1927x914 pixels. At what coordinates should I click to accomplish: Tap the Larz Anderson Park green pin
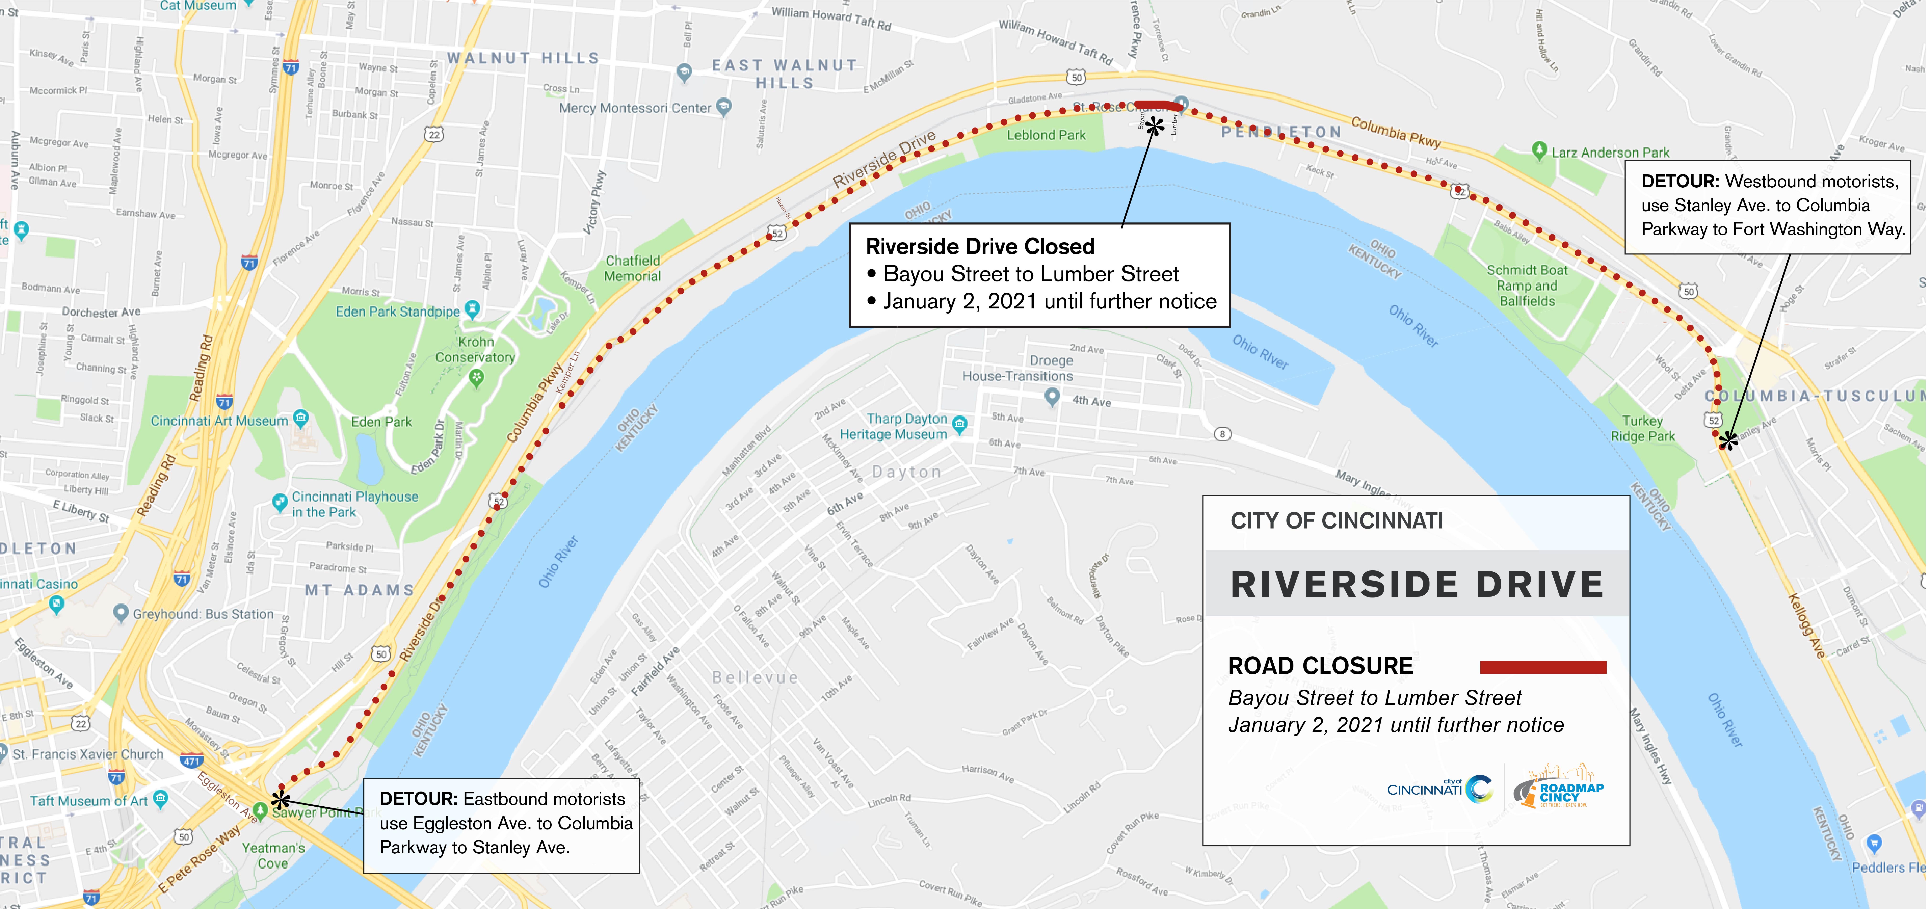1539,150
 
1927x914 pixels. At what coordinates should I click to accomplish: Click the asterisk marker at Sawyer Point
281,800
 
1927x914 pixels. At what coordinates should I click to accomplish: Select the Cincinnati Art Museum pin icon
301,417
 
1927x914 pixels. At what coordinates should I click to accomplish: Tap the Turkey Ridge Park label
1643,428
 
